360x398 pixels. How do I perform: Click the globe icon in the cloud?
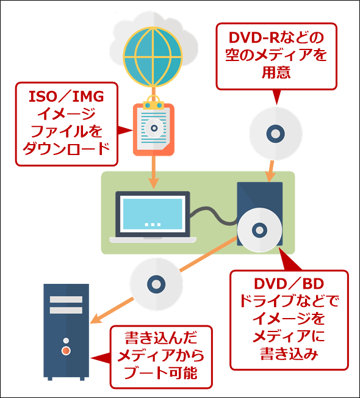click(153, 57)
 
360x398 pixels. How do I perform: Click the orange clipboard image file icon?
click(154, 129)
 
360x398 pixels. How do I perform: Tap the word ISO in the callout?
click(41, 96)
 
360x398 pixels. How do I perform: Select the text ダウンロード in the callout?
click(67, 149)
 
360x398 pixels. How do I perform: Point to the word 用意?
click(276, 73)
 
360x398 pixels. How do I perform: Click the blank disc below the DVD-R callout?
click(276, 134)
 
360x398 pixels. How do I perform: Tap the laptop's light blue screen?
click(153, 214)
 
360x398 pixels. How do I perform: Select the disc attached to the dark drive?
click(259, 230)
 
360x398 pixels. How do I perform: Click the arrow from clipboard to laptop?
click(154, 172)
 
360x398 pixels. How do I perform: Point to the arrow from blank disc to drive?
click(270, 171)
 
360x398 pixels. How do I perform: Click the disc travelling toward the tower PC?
click(156, 284)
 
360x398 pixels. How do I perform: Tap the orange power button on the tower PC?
click(66, 350)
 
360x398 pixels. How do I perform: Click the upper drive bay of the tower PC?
click(66, 299)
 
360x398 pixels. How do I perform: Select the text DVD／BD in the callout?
click(289, 284)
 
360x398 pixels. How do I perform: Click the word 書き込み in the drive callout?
click(289, 353)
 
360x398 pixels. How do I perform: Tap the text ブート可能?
click(160, 373)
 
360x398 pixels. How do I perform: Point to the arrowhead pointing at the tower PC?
click(96, 319)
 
